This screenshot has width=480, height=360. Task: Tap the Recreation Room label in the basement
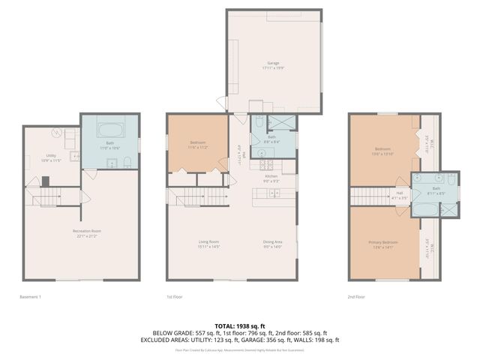(87, 232)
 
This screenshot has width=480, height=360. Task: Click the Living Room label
(208, 243)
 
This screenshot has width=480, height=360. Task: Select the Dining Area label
(273, 243)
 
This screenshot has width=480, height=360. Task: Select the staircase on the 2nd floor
(367, 196)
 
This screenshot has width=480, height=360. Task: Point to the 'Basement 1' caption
(30, 297)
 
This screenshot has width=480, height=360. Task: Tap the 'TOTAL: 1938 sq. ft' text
(240, 325)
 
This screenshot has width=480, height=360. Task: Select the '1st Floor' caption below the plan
(175, 297)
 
